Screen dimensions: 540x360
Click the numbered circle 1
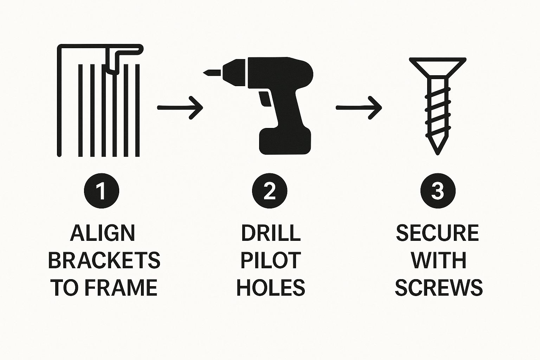coord(102,191)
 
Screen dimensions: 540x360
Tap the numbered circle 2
coord(270,191)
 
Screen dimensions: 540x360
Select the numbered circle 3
coord(438,191)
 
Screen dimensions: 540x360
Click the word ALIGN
coord(102,233)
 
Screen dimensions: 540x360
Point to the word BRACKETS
coord(104,261)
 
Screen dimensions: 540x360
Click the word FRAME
coord(121,288)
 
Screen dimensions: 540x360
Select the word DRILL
coord(271,233)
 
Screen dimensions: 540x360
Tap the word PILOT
coord(271,261)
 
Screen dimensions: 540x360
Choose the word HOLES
coord(271,288)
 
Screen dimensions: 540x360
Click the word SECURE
coord(438,233)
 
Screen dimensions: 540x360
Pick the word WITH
coord(439,261)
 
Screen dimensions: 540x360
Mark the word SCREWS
coord(439,288)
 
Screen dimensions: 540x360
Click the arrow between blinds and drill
coord(180,108)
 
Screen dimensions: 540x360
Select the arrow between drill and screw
coord(359,108)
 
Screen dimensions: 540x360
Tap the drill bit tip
coord(204,72)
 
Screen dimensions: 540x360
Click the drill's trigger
coord(264,99)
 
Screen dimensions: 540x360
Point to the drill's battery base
coord(285,141)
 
